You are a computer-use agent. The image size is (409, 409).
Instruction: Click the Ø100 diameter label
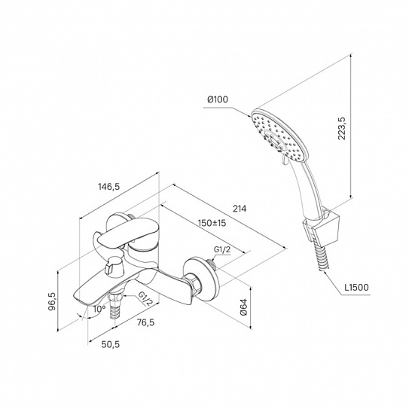(x=218, y=99)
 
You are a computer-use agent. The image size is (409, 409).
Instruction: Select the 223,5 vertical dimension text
(x=341, y=128)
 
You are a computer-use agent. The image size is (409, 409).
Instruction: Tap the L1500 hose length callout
(x=356, y=287)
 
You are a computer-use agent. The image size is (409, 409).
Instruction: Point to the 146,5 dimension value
(x=108, y=187)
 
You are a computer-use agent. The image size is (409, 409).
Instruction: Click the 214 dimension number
(x=240, y=209)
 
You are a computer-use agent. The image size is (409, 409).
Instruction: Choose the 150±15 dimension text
(x=212, y=223)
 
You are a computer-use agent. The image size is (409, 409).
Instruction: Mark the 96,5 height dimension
(x=52, y=301)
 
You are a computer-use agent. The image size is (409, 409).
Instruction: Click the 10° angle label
(x=99, y=309)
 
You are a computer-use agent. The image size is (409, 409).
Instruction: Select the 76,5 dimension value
(x=145, y=322)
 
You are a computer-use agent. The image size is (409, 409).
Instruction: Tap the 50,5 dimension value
(x=110, y=344)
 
